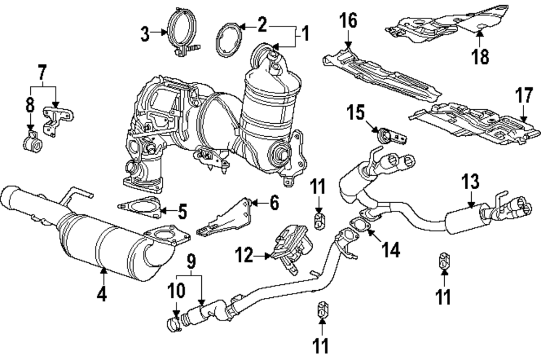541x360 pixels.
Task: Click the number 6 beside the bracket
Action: (274, 203)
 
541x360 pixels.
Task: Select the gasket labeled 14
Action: (358, 223)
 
